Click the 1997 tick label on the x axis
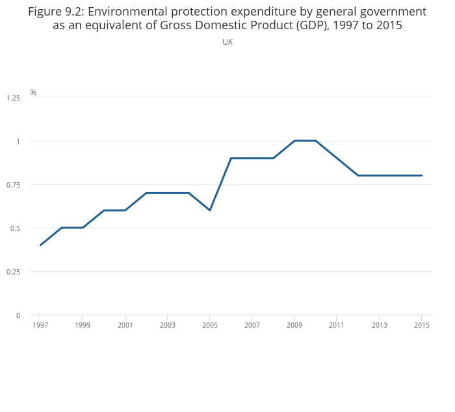(x=40, y=325)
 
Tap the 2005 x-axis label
(x=210, y=325)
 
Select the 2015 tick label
(x=422, y=325)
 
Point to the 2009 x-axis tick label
(x=294, y=325)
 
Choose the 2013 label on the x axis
(x=380, y=325)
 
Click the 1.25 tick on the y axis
(x=13, y=98)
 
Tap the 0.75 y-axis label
(x=13, y=185)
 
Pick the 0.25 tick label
(x=13, y=272)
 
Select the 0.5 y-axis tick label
(x=15, y=228)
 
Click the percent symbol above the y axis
(x=33, y=93)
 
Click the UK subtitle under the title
(x=227, y=42)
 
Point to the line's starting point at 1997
(x=40, y=245)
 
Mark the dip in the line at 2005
(x=210, y=210)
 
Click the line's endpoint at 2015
(x=422, y=175)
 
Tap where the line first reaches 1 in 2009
(x=294, y=141)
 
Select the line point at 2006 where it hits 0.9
(x=231, y=158)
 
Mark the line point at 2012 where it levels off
(x=358, y=175)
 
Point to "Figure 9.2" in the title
(x=54, y=12)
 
